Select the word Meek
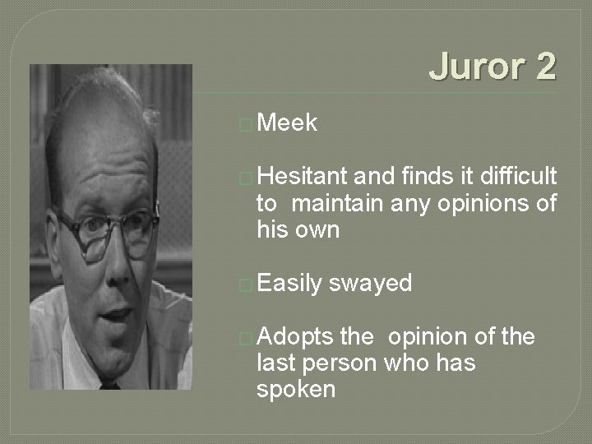tap(287, 123)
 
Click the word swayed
tap(370, 283)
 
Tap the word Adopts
tap(294, 337)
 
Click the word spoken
tap(296, 389)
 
